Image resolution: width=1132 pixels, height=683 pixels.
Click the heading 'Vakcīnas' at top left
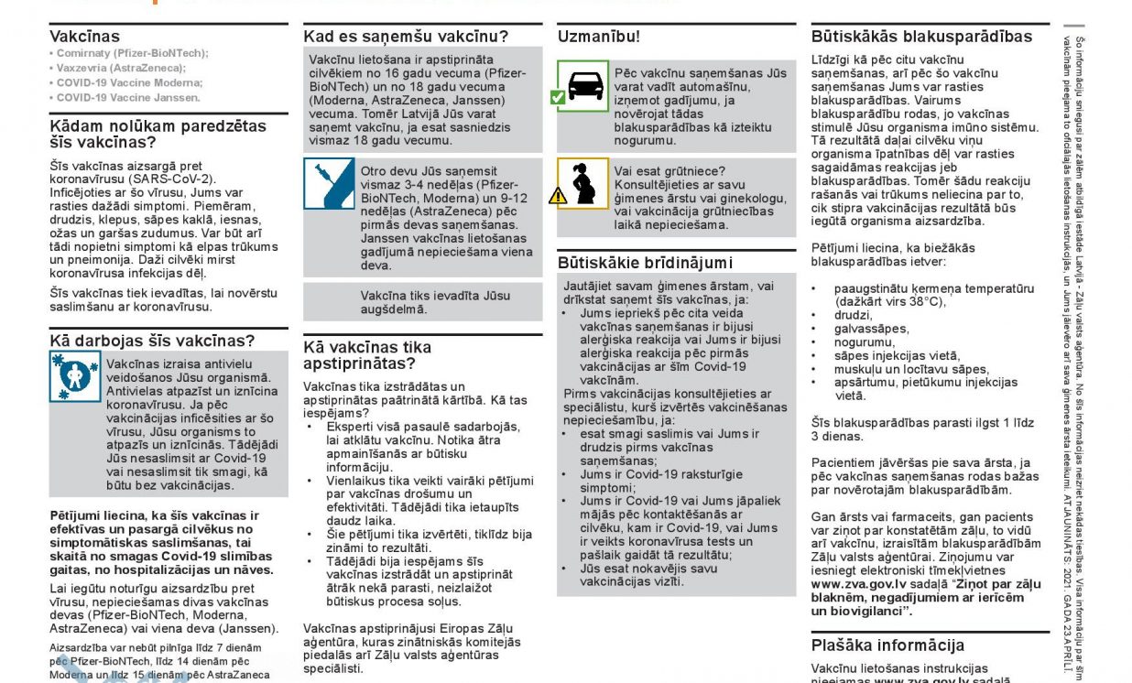pyautogui.click(x=84, y=37)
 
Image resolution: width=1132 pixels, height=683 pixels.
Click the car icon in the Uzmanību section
pyautogui.click(x=586, y=85)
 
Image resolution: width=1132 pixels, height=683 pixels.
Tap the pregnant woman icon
pyautogui.click(x=583, y=183)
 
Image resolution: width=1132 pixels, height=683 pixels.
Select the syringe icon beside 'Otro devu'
pyautogui.click(x=329, y=184)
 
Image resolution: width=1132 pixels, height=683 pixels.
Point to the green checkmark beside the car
pyautogui.click(x=557, y=95)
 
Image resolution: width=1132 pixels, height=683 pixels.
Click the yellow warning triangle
pyautogui.click(x=558, y=194)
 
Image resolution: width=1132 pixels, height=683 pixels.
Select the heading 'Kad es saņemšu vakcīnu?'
pyautogui.click(x=406, y=37)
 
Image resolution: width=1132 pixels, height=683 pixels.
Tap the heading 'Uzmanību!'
pyautogui.click(x=599, y=37)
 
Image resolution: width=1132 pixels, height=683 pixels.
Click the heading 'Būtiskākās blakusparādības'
pyautogui.click(x=921, y=37)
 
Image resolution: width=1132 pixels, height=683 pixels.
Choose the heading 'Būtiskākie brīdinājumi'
pyautogui.click(x=646, y=262)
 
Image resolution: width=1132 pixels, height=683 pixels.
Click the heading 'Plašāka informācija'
pyautogui.click(x=887, y=645)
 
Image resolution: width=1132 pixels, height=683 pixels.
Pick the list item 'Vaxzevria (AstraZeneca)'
pyautogui.click(x=121, y=68)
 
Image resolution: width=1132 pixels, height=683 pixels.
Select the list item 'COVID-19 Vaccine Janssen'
pyautogui.click(x=128, y=97)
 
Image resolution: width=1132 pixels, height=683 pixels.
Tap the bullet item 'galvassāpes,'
pyautogui.click(x=871, y=329)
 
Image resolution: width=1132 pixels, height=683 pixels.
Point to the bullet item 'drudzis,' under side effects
pyautogui.click(x=853, y=315)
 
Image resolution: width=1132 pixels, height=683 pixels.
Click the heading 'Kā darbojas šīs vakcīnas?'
pyautogui.click(x=152, y=341)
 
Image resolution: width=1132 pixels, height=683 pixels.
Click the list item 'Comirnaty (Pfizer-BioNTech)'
pyautogui.click(x=132, y=53)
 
